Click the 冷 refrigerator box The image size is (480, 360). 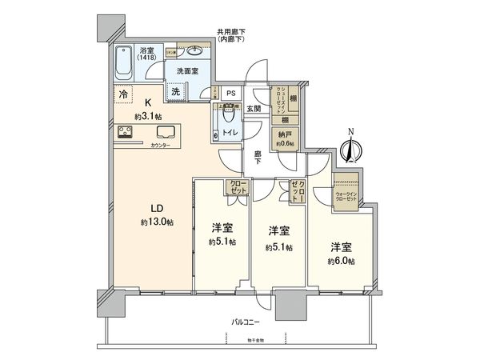coord(122,94)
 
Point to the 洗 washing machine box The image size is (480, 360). coord(176,92)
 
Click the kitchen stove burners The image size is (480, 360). coord(126,132)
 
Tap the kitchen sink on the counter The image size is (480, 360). coord(168,132)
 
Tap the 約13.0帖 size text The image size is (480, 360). coord(158,222)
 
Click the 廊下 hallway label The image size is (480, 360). coord(258,158)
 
